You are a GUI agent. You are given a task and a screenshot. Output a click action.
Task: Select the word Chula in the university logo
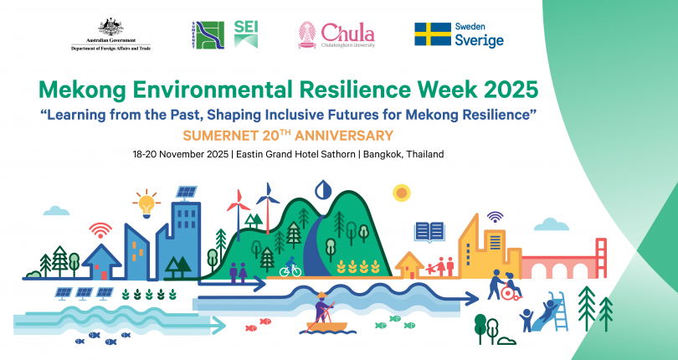click(347, 32)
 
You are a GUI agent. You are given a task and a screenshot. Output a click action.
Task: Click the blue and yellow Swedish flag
click(432, 34)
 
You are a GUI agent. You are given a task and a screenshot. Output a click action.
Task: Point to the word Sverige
click(479, 41)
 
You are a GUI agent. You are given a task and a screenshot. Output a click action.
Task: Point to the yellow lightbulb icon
click(147, 203)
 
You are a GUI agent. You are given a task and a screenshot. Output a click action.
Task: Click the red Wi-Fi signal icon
click(100, 229)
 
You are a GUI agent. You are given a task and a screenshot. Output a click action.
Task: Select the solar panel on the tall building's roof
click(187, 192)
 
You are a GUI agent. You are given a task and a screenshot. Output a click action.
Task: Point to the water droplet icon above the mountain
click(322, 188)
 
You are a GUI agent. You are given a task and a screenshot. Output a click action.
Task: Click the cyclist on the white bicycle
click(290, 268)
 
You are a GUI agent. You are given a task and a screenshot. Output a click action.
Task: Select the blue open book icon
click(429, 231)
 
